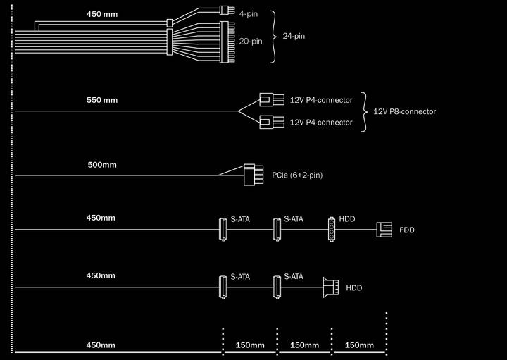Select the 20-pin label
251,42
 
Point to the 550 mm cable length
101,100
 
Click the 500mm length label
101,165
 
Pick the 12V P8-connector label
404,111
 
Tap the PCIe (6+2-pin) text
296,175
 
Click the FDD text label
407,230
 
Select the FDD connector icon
384,230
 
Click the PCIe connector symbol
249,175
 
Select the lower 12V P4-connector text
321,123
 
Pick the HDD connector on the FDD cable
331,229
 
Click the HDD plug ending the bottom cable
330,287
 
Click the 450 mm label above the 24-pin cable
102,14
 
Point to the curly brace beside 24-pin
275,35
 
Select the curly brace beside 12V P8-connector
365,111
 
